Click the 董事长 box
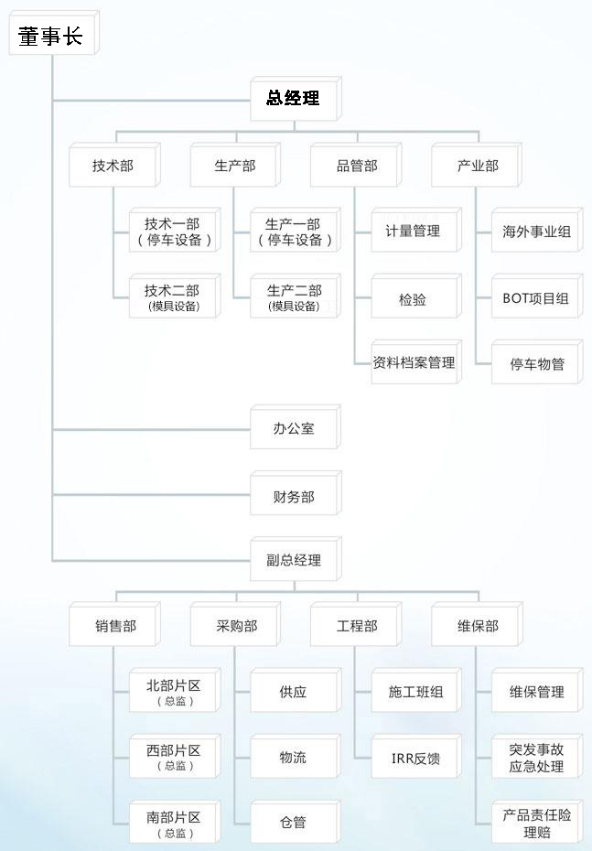coord(50,36)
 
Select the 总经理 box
coord(293,99)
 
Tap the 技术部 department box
coord(113,166)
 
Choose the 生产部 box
coord(234,166)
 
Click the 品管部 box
coord(356,166)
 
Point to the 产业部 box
coord(478,166)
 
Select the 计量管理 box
coord(413,232)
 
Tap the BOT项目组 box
coord(536,298)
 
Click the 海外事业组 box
coord(536,232)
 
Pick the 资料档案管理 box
coord(413,362)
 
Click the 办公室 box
coord(294,428)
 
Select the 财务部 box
coord(294,497)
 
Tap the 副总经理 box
coord(294,560)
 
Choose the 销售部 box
coord(115,627)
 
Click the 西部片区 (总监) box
coord(173,757)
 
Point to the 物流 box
coord(294,758)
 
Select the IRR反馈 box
coord(414,758)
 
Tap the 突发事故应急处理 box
coord(536,758)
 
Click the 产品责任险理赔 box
coord(536,823)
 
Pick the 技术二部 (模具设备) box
coord(173,297)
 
